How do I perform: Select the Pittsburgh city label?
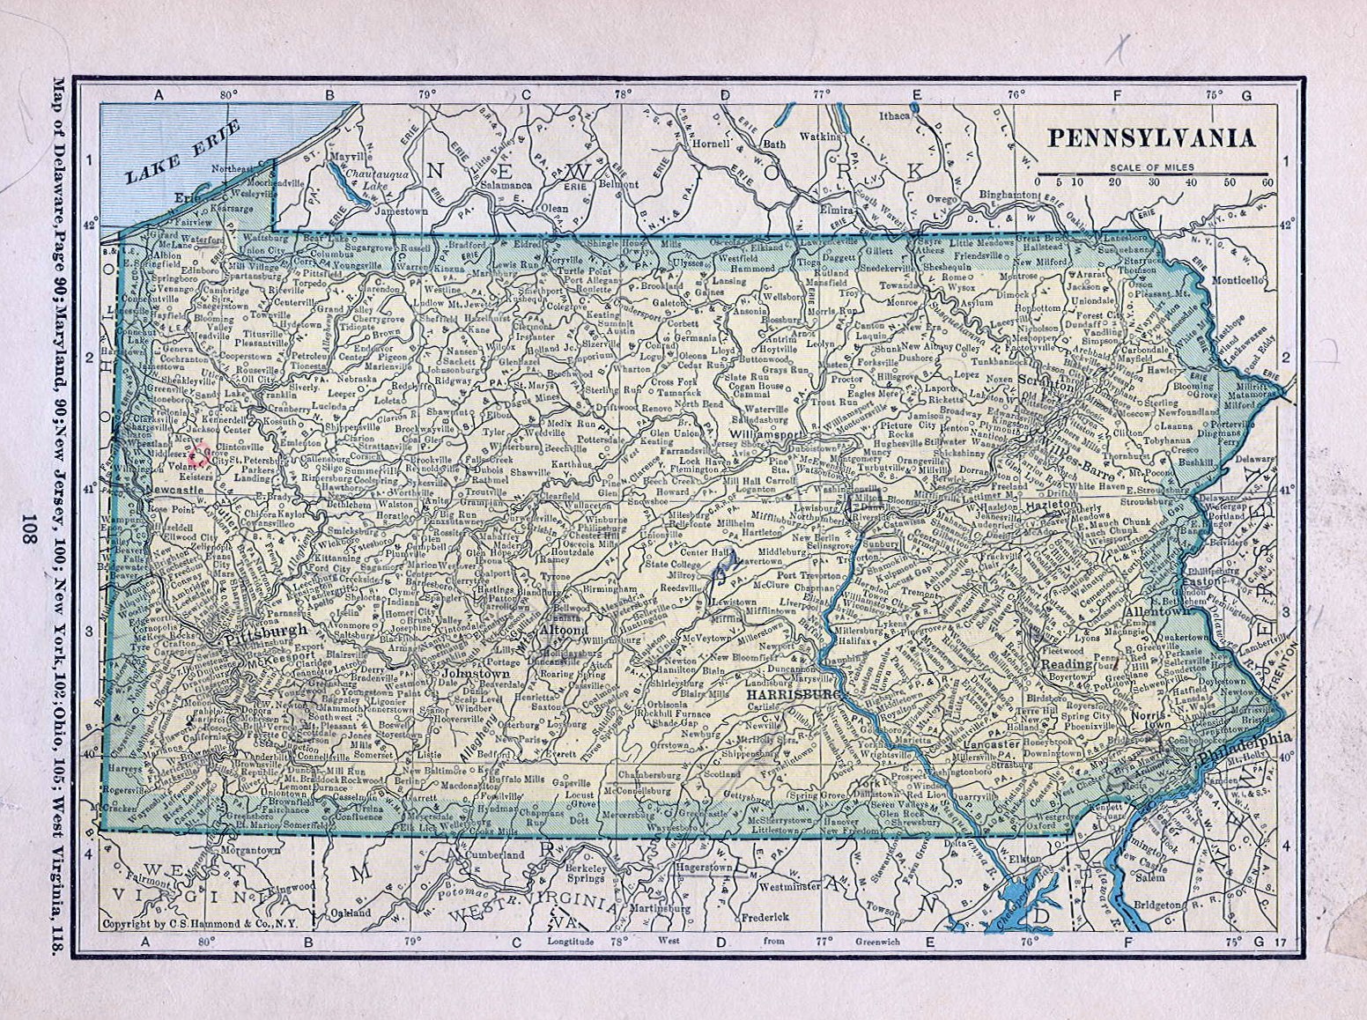266,631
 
